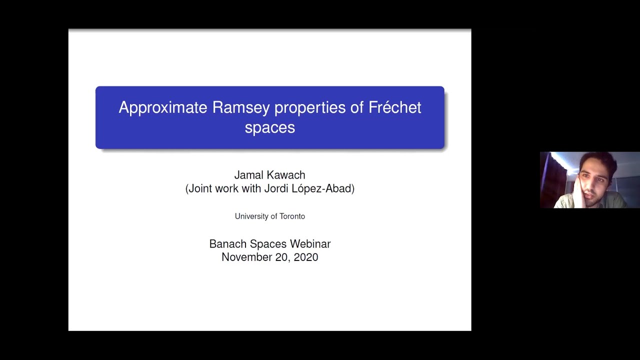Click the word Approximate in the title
tap(163, 108)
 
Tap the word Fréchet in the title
tap(394, 108)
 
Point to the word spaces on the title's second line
tap(269, 127)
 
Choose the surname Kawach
tap(287, 175)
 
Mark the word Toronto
tap(292, 216)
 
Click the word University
tap(251, 216)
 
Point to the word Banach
tap(227, 244)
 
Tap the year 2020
tap(306, 257)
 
